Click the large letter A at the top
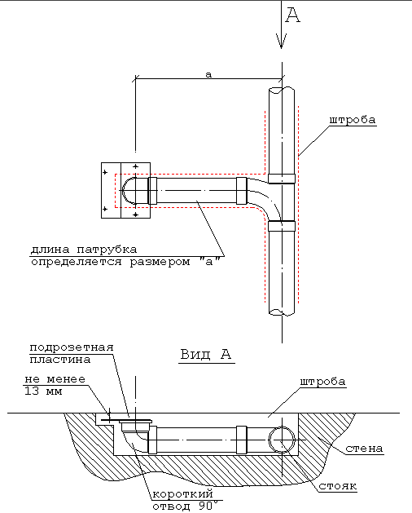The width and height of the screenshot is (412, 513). (x=292, y=15)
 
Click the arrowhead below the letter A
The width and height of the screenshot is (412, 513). (x=281, y=41)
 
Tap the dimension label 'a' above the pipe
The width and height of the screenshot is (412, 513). (x=208, y=74)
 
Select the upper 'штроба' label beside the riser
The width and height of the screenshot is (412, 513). (x=353, y=120)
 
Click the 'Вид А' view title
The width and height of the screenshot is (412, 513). (x=206, y=354)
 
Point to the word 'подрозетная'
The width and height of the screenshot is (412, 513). (x=72, y=347)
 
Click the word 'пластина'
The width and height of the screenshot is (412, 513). (x=60, y=360)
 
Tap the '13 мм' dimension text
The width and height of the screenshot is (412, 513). (x=43, y=391)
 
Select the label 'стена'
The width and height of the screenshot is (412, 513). (x=364, y=449)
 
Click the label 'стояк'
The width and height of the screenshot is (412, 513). (x=338, y=486)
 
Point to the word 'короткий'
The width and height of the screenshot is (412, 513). (x=183, y=493)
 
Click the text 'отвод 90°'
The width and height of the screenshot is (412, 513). (x=186, y=506)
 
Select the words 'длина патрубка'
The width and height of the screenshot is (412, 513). (x=84, y=250)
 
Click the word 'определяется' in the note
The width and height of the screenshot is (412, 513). (x=76, y=262)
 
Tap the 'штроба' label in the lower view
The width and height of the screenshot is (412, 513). (x=322, y=382)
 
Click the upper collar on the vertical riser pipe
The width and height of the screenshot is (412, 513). (x=282, y=179)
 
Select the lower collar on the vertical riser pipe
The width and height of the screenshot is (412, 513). (x=282, y=226)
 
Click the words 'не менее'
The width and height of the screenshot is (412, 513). (x=55, y=379)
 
